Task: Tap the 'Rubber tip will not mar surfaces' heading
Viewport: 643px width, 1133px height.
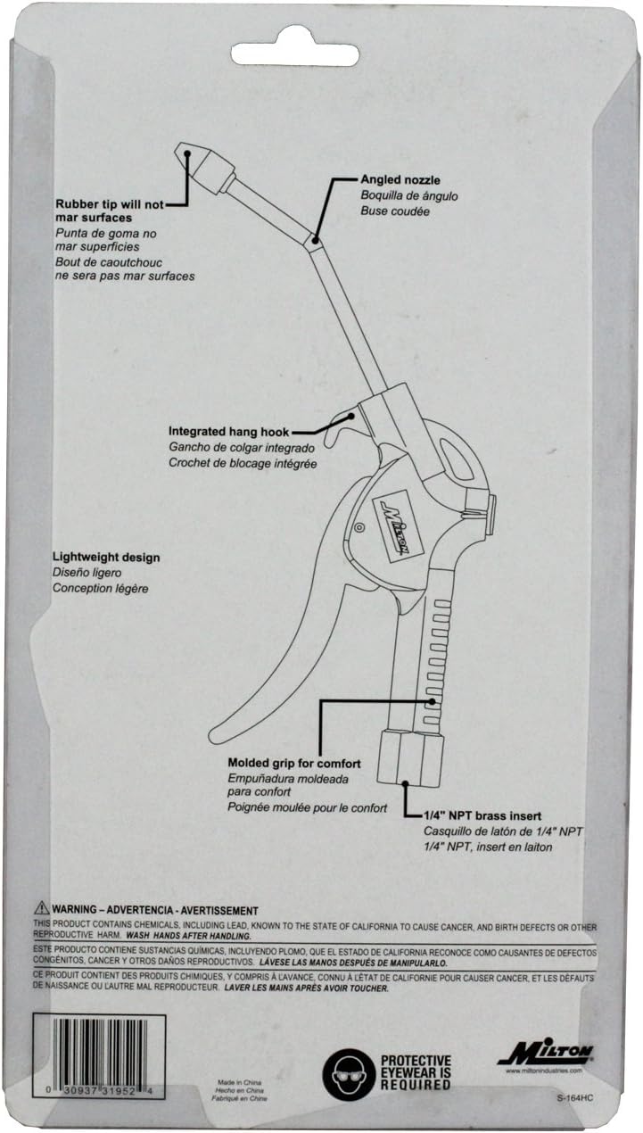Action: pyautogui.click(x=109, y=210)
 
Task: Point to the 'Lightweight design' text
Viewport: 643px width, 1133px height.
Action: pyautogui.click(x=106, y=558)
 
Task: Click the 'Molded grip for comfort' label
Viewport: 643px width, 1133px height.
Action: pyautogui.click(x=294, y=763)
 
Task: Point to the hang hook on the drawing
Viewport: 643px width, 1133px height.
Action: pyautogui.click(x=334, y=431)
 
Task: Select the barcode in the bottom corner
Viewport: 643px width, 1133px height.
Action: pyautogui.click(x=97, y=1052)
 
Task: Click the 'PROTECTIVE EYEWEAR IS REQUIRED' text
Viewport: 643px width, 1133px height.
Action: pyautogui.click(x=417, y=1072)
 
